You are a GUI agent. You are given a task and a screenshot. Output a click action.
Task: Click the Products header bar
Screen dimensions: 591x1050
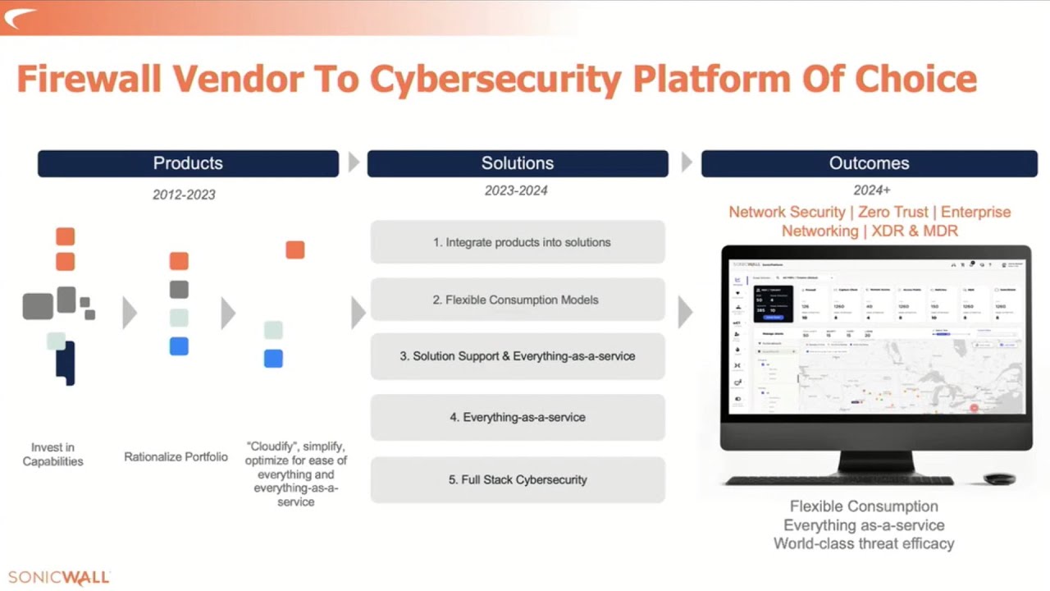click(x=188, y=163)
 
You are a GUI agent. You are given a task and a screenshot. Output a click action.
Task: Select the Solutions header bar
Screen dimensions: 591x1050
click(x=518, y=163)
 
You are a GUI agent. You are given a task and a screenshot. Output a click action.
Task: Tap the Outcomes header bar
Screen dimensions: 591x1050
click(x=869, y=163)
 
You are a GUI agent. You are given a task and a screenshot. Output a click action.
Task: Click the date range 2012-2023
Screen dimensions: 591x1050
click(x=184, y=195)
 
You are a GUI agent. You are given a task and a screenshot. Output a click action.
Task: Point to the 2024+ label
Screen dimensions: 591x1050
click(x=871, y=190)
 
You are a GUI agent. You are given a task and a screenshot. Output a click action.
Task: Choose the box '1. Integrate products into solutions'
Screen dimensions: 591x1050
click(x=518, y=242)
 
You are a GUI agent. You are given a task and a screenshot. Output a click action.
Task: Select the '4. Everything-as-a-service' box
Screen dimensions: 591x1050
click(x=518, y=417)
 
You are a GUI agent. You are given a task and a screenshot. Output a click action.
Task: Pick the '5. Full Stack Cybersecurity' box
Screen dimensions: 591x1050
click(x=518, y=479)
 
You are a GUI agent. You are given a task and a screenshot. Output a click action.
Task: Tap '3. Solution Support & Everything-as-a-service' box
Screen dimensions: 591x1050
click(x=518, y=356)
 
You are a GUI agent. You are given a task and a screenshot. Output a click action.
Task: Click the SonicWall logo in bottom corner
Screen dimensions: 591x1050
click(x=58, y=578)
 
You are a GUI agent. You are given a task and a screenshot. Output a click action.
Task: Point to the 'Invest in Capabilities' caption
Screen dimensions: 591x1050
click(x=53, y=454)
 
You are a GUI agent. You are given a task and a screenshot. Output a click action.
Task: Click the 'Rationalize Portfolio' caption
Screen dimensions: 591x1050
click(x=176, y=456)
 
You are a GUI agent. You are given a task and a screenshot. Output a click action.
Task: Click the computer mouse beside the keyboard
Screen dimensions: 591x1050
click(x=999, y=479)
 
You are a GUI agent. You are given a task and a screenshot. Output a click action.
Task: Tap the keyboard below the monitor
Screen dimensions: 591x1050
click(x=839, y=480)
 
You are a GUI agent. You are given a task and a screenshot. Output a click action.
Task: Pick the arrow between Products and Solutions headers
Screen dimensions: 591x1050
click(x=354, y=163)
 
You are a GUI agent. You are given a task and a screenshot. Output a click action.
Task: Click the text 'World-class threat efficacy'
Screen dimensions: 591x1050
click(x=864, y=543)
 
